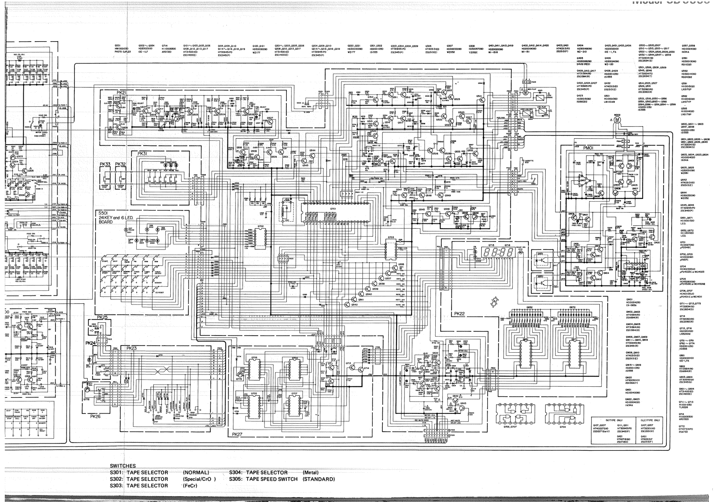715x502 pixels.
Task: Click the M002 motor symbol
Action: point(617,121)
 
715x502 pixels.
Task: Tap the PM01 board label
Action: point(588,148)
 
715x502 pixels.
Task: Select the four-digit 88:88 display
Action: point(499,252)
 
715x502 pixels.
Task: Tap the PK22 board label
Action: point(459,314)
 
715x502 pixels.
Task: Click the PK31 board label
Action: point(142,154)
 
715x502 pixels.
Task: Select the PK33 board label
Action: point(105,164)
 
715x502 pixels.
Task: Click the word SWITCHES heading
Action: point(123,466)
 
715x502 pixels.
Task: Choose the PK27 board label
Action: point(237,434)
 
